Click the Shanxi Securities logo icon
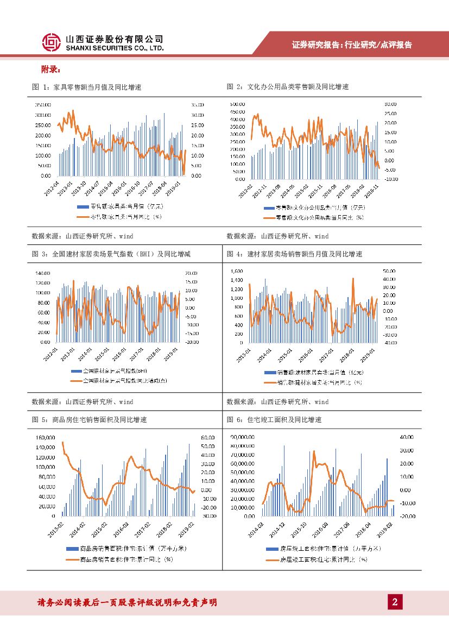coord(51,42)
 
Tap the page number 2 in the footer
coord(395,601)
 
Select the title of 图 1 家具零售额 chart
coord(86,87)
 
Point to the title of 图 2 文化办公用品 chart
coord(287,87)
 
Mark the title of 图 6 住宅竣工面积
coord(274,419)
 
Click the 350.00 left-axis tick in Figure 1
coord(43,104)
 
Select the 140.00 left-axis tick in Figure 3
coord(42,273)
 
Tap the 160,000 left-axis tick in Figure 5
coord(45,437)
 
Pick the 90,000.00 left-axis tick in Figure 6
coord(243,437)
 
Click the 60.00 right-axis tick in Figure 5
coord(208,437)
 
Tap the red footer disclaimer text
coord(127,602)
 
